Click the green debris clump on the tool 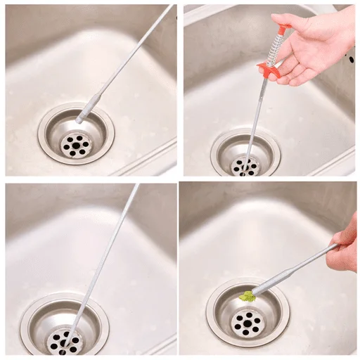point(247,296)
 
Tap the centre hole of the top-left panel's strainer point(74,145)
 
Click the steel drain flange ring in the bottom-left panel point(32,320)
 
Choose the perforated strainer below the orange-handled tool point(245,167)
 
